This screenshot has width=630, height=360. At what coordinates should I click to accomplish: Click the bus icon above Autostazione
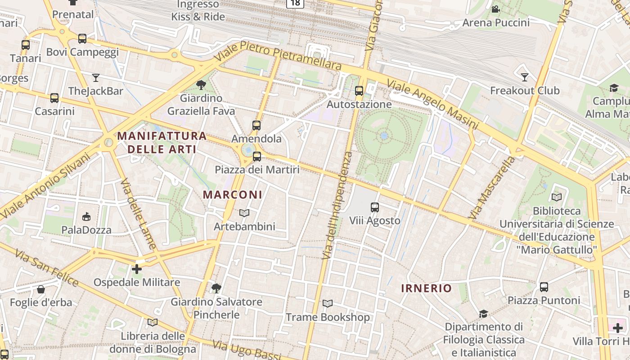tap(359, 91)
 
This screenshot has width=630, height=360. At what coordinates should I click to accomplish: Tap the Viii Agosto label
tap(374, 220)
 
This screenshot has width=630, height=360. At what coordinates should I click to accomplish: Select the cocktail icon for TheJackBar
tap(95, 78)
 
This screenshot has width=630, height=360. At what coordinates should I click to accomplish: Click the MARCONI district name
tap(232, 195)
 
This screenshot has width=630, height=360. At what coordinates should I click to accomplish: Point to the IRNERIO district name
tap(426, 288)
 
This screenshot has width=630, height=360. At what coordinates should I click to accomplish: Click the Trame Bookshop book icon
tap(328, 304)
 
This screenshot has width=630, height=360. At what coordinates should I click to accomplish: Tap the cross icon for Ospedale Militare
tap(137, 269)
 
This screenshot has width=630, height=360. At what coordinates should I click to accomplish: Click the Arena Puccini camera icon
tap(495, 9)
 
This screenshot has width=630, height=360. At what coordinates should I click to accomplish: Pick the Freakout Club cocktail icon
tap(524, 77)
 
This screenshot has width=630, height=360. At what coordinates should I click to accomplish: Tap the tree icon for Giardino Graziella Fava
tap(201, 85)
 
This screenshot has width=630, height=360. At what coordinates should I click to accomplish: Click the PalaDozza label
tap(86, 230)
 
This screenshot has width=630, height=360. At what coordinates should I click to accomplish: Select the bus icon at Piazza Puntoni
tap(544, 287)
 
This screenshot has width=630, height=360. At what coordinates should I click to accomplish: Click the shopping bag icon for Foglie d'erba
tap(41, 289)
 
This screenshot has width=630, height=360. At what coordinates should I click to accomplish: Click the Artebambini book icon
tap(244, 213)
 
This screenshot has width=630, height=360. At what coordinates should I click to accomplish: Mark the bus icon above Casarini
tap(54, 98)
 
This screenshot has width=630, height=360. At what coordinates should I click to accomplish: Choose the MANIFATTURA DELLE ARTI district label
tap(162, 142)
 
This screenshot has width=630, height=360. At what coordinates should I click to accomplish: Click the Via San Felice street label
tap(46, 269)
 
